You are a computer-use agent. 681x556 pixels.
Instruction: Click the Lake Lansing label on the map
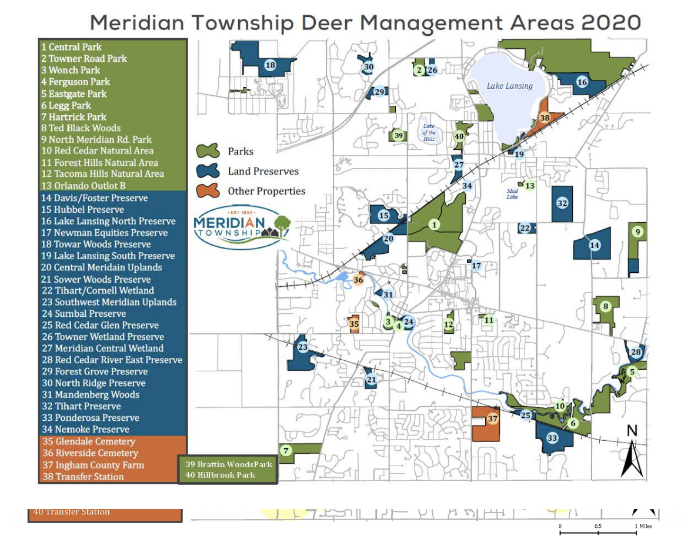click(509, 86)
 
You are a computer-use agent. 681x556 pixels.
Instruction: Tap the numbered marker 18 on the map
click(271, 65)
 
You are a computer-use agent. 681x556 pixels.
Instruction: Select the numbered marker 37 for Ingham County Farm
click(492, 419)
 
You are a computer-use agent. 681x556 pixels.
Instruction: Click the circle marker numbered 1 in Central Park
click(435, 225)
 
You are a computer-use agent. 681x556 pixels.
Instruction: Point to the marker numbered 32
click(562, 203)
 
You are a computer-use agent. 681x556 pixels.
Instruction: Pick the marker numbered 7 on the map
click(286, 451)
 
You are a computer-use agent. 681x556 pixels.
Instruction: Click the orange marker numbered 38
click(545, 118)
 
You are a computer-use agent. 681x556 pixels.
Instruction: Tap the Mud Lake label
click(513, 193)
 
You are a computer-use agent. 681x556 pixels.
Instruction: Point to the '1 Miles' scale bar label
click(643, 526)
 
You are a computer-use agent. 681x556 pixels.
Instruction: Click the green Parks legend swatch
click(207, 151)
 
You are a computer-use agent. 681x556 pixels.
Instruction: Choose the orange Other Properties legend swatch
click(207, 191)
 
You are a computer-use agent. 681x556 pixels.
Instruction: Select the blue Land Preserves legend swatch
click(207, 171)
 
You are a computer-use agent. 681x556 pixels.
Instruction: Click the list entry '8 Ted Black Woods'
click(81, 128)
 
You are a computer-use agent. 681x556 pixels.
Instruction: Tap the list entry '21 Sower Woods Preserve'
click(96, 279)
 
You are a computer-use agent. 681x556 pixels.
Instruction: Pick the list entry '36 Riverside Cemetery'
click(89, 453)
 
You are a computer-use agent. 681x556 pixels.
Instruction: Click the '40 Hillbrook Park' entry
click(220, 475)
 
